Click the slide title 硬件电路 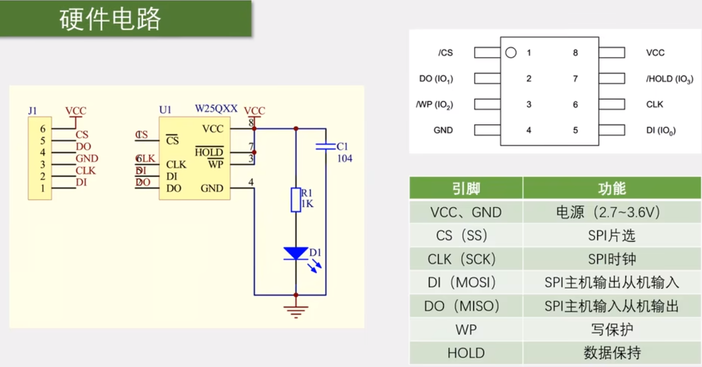[110, 19]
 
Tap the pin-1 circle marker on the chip [511, 53]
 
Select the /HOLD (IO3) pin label [669, 79]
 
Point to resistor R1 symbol [296, 200]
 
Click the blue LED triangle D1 [296, 253]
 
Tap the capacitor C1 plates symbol [326, 147]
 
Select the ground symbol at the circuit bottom [296, 312]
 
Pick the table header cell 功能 [611, 189]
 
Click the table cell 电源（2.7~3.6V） [611, 213]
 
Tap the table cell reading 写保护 [611, 330]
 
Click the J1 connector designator [33, 110]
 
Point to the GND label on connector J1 [87, 158]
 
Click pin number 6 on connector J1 [43, 129]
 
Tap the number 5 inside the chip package [575, 130]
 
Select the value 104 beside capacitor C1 [344, 158]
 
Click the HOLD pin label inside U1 [209, 153]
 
